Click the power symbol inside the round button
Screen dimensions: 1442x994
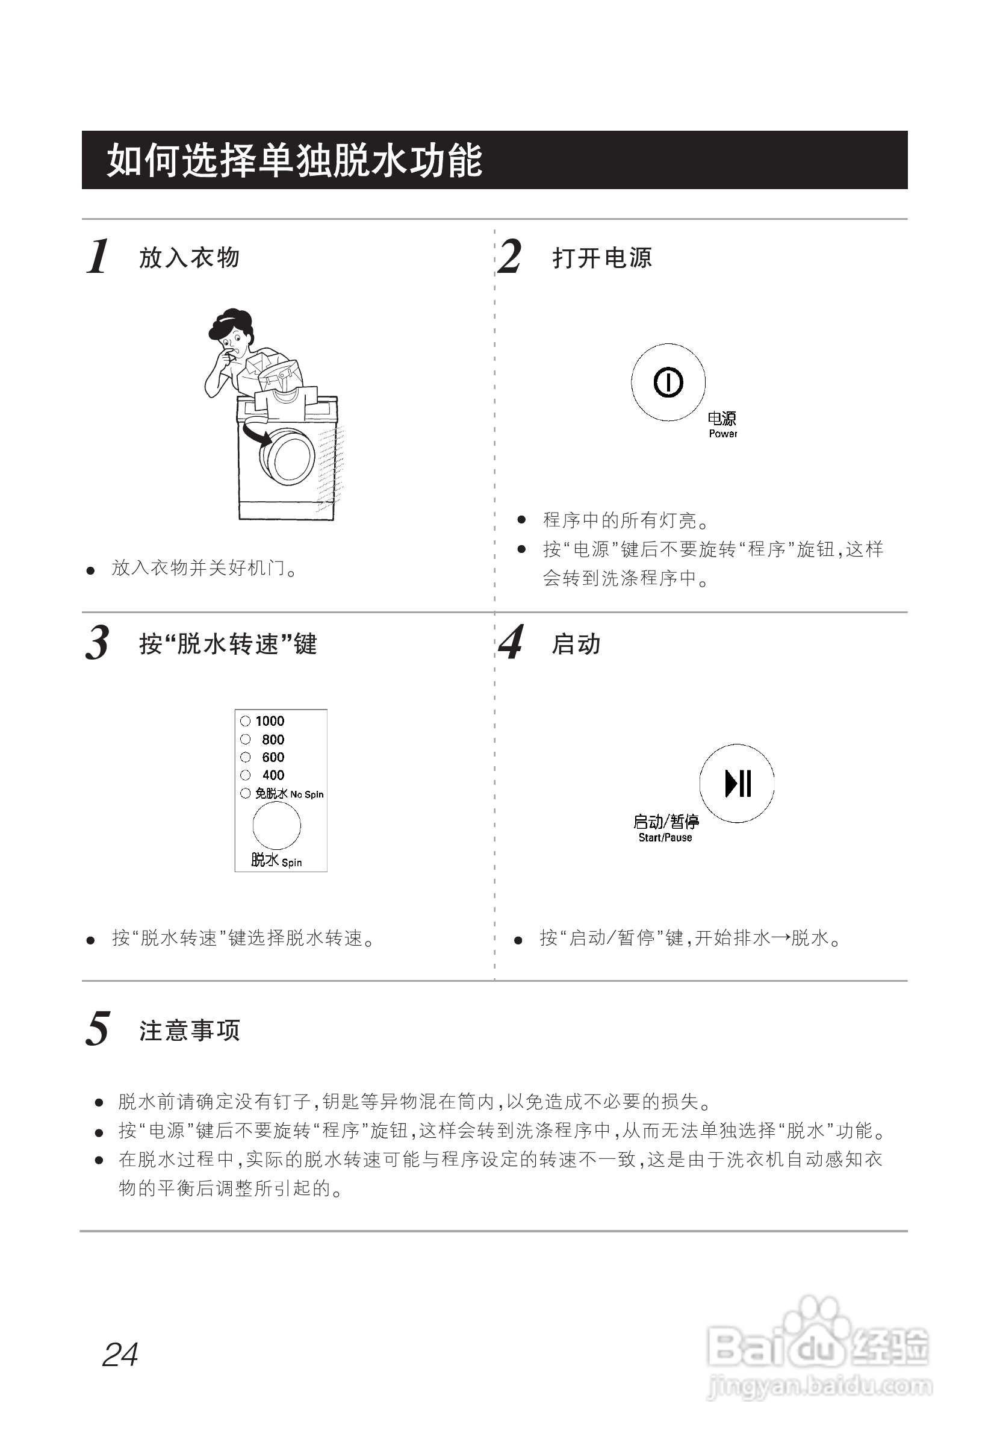pos(668,382)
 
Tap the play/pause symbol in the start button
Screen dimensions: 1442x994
pos(738,783)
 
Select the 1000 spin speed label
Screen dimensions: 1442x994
pos(270,721)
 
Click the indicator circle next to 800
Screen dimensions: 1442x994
pos(246,740)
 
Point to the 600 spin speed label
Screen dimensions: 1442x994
pos(273,757)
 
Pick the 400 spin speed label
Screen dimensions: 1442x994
pos(273,775)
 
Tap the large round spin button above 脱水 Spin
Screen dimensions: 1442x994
pos(276,826)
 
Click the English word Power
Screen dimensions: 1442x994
pos(722,434)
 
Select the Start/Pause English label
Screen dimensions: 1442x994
pos(665,838)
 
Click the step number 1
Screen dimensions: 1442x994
pos(98,257)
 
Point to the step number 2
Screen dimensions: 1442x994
pos(511,257)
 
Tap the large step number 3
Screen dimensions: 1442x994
pos(98,643)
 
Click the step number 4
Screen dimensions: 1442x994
pos(511,643)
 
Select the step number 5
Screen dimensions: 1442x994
pos(98,1029)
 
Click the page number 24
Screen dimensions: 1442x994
pos(120,1355)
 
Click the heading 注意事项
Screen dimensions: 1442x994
pos(189,1031)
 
